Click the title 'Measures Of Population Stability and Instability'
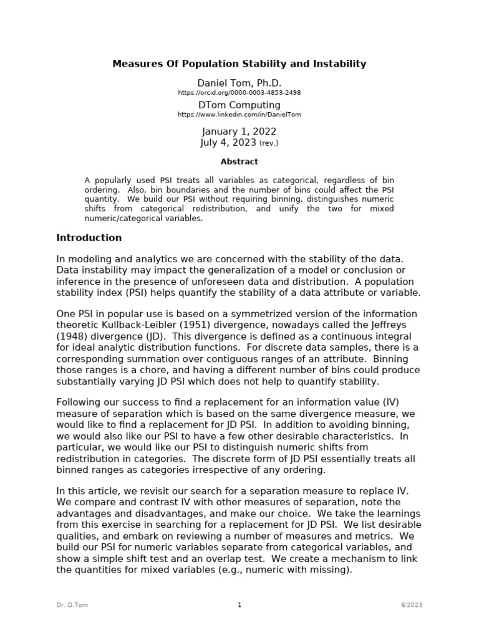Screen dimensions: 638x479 pos(239,64)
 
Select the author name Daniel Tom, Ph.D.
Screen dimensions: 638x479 pos(239,83)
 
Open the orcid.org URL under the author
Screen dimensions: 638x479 pos(239,93)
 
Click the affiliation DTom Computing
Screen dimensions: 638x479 pos(239,105)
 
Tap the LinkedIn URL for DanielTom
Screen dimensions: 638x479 pos(239,115)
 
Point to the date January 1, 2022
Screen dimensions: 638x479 pos(239,131)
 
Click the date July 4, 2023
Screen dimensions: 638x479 pos(228,142)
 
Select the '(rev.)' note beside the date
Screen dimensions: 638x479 pos(269,143)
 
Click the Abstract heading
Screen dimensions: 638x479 pos(239,162)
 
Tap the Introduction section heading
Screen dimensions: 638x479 pos(89,238)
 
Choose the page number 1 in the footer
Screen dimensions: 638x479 pos(239,605)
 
